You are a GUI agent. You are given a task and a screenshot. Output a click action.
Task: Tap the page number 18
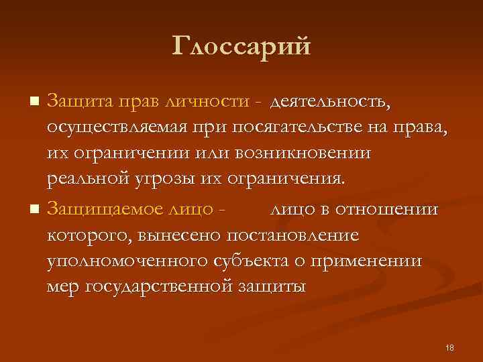(x=449, y=347)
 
